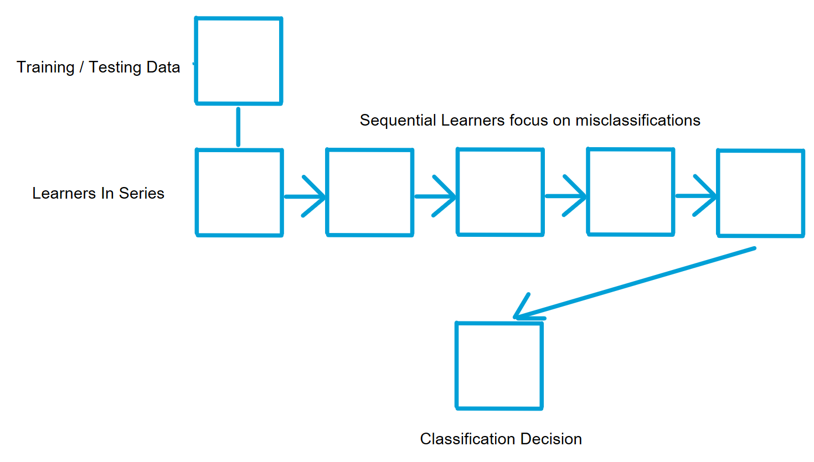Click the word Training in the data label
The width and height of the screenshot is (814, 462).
point(45,68)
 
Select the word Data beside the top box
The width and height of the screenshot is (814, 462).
point(163,68)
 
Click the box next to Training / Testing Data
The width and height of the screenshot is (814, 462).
point(239,61)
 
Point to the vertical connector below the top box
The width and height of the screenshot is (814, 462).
point(238,127)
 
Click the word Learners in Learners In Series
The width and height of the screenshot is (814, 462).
point(64,193)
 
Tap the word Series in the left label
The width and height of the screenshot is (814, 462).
point(142,193)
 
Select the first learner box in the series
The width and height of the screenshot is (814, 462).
point(240,193)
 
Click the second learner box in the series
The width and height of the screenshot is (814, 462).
point(370,193)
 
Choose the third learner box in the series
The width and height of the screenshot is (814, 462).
point(500,192)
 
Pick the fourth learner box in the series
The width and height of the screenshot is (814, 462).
point(631,192)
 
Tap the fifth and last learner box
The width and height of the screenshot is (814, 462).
point(761,193)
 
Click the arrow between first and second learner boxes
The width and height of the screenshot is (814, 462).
point(305,196)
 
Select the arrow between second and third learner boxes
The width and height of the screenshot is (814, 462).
point(435,196)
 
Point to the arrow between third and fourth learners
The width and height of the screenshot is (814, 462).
point(566,196)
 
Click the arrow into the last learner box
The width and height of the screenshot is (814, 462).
point(696,196)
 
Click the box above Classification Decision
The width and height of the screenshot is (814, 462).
point(499,366)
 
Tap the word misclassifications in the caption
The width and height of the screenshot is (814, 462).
point(638,121)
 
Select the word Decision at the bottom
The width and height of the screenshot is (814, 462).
point(551,439)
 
